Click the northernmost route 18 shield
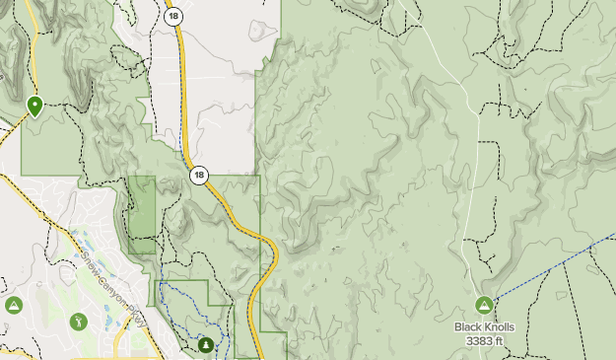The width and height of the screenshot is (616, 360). pos(174,17)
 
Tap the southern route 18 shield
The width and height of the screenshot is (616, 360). pos(199,176)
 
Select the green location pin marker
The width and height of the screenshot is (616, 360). pos(35,105)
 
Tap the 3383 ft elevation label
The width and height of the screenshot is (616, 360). pos(484,341)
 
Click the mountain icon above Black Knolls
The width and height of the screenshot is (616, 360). pos(484,306)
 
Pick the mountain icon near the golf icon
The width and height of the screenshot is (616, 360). pos(14,306)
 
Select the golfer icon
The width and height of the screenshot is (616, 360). pos(78,322)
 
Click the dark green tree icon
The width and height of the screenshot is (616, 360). pos(206,345)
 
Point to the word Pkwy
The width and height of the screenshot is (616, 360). pos(137,320)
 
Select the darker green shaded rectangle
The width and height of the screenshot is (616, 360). pos(142,212)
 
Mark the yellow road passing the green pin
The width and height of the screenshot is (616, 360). pos(33,59)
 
